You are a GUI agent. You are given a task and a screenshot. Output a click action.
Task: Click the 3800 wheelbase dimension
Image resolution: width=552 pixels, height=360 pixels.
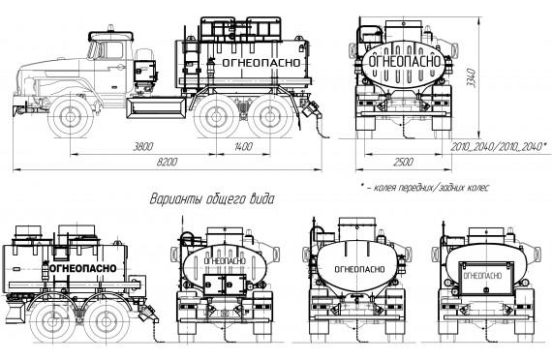coord(143,146)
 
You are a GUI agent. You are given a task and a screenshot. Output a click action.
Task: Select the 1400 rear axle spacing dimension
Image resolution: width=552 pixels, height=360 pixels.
coord(243,146)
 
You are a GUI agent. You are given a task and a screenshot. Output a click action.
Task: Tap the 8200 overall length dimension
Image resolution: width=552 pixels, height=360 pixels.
coord(168,163)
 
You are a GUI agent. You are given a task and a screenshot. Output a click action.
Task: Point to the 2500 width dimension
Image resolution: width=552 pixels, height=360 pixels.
coord(404,163)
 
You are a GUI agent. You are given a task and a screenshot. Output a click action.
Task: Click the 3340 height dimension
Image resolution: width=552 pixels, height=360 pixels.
coord(471,78)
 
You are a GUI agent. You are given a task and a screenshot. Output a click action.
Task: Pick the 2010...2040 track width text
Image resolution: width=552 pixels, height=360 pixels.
coord(499,147)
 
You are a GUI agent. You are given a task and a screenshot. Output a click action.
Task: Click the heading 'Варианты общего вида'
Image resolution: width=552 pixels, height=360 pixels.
coord(212,199)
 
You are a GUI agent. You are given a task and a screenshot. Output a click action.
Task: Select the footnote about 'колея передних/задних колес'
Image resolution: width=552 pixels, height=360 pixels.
coord(425,188)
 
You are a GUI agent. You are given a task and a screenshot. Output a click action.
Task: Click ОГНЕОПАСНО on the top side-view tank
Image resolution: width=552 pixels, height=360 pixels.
coord(261,63)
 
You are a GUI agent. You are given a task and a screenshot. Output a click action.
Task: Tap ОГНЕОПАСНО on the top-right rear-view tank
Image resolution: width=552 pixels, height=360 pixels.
coord(404,61)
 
